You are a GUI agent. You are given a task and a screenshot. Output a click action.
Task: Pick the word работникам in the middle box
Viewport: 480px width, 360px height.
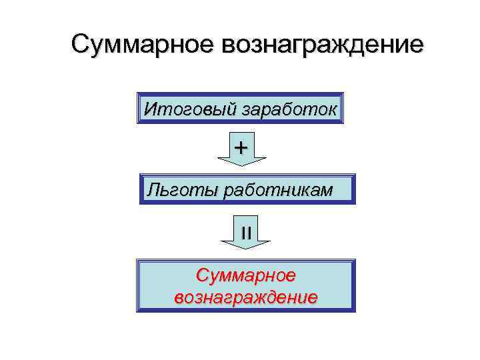click(278, 191)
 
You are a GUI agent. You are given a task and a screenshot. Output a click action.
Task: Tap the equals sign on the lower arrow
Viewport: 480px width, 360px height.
click(245, 232)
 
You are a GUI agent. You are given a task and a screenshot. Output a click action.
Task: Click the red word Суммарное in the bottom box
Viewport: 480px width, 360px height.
click(245, 275)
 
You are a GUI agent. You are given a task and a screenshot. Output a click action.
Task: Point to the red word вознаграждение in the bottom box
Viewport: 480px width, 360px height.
click(245, 296)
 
